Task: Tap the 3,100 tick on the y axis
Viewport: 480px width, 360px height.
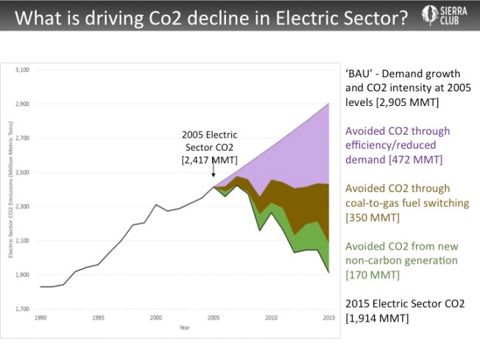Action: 22,70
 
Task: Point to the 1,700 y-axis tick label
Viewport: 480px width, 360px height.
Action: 22,308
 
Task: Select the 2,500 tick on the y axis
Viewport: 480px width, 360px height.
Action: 22,172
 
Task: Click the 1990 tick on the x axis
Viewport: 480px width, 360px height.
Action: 41,317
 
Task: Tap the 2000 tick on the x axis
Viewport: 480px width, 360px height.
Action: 156,317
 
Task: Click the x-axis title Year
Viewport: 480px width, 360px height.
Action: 184,329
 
